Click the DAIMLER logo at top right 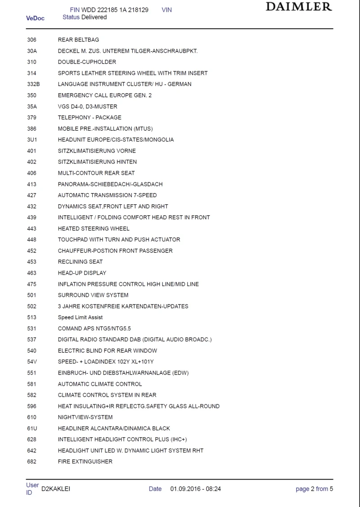coord(299,7)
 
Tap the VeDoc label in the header coord(35,18)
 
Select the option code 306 coord(31,40)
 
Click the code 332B coord(33,84)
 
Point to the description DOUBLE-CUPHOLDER coord(87,62)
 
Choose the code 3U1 coord(32,140)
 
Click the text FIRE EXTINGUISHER coord(85,462)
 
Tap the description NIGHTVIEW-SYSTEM coord(85,417)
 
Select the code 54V coord(32,362)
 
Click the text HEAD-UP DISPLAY coord(82,273)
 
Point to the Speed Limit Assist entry coord(80,317)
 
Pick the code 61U coord(32,428)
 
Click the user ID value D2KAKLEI coord(56,489)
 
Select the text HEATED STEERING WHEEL coord(94,229)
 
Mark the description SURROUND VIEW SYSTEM coord(93,295)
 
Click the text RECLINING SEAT coord(80,262)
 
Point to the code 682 coord(31,462)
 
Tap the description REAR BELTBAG coord(78,40)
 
